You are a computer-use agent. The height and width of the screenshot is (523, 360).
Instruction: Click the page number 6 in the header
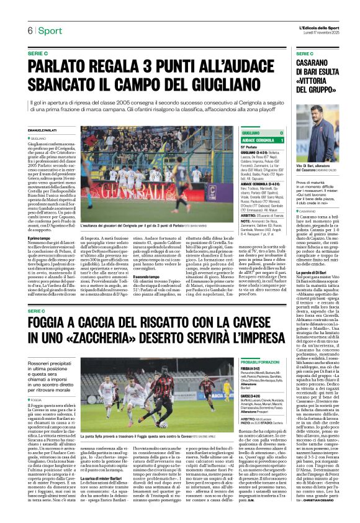(x=29, y=31)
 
